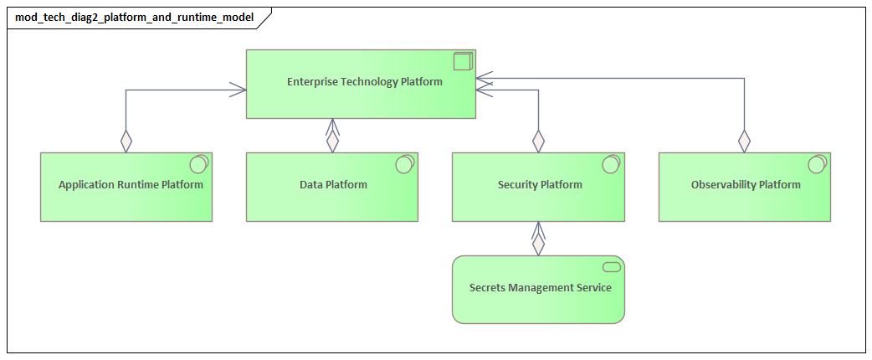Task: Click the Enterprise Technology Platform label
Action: coord(364,82)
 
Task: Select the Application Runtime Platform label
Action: coord(131,185)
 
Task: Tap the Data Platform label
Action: coord(333,185)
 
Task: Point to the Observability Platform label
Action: coord(746,185)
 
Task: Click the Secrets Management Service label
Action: coord(540,288)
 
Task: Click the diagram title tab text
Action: coord(132,17)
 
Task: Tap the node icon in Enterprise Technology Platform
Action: coord(463,61)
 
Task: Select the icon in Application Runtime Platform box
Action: coord(198,164)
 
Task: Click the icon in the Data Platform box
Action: coord(404,164)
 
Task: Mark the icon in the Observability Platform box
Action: coord(817,164)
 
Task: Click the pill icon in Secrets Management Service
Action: coord(611,267)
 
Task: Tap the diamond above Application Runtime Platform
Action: coord(126,141)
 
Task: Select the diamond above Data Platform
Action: coord(333,141)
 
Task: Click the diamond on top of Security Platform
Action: coord(538,141)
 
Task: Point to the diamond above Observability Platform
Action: coord(744,141)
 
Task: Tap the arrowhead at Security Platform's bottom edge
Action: coord(538,229)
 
